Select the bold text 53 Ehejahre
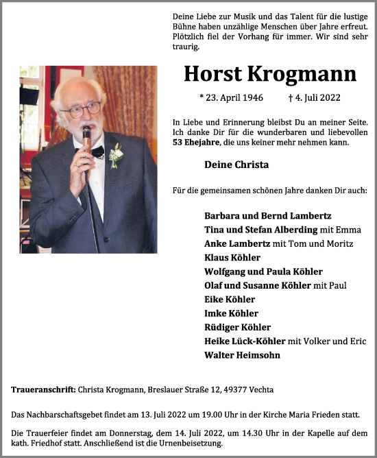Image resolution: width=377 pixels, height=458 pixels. [196, 143]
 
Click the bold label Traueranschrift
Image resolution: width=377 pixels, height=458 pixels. [43, 389]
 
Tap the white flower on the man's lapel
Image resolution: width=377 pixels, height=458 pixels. [115, 156]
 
